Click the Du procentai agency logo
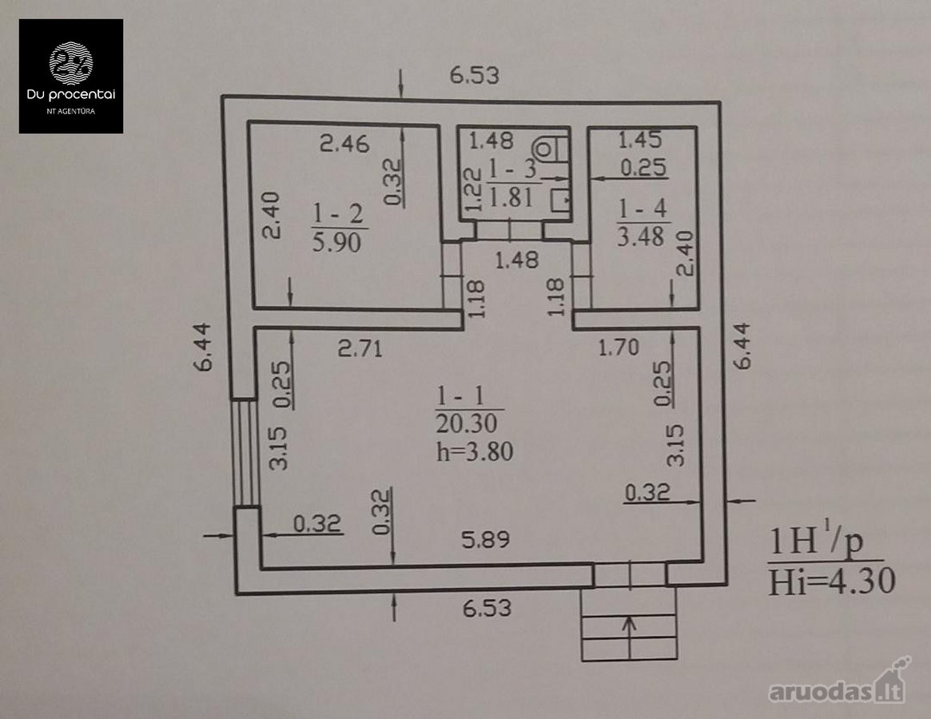click(x=70, y=76)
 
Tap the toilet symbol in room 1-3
click(x=551, y=149)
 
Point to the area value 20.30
click(x=466, y=423)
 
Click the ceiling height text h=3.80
click(x=475, y=452)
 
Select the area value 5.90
click(x=336, y=242)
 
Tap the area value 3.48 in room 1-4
click(x=640, y=236)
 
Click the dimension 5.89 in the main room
click(x=486, y=540)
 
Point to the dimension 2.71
click(x=360, y=348)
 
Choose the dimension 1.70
click(x=618, y=347)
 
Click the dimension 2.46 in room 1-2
click(x=344, y=143)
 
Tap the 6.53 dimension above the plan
click(x=475, y=75)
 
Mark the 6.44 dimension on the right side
click(x=742, y=347)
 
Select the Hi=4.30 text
click(x=831, y=581)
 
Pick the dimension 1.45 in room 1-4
click(x=639, y=140)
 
